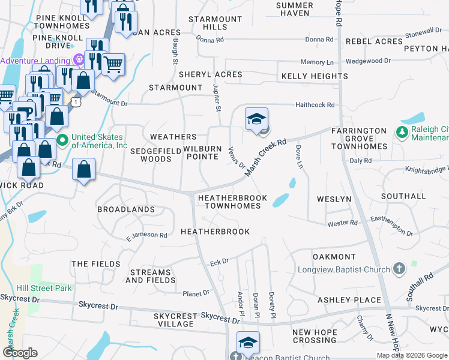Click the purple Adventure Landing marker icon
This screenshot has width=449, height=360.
pos(77,59)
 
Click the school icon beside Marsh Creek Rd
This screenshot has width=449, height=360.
pos(256,119)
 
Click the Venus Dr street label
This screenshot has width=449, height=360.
pos(237,157)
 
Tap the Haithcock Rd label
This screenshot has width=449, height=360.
pos(315,105)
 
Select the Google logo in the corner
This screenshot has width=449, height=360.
pos(20,352)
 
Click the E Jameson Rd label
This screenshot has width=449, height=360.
pos(146,236)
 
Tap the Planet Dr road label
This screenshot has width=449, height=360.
pos(196,293)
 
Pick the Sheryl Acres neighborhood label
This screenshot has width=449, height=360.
pos(210,74)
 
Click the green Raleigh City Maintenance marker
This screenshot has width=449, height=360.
pos(400,131)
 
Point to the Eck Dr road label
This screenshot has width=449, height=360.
pos(220,262)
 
